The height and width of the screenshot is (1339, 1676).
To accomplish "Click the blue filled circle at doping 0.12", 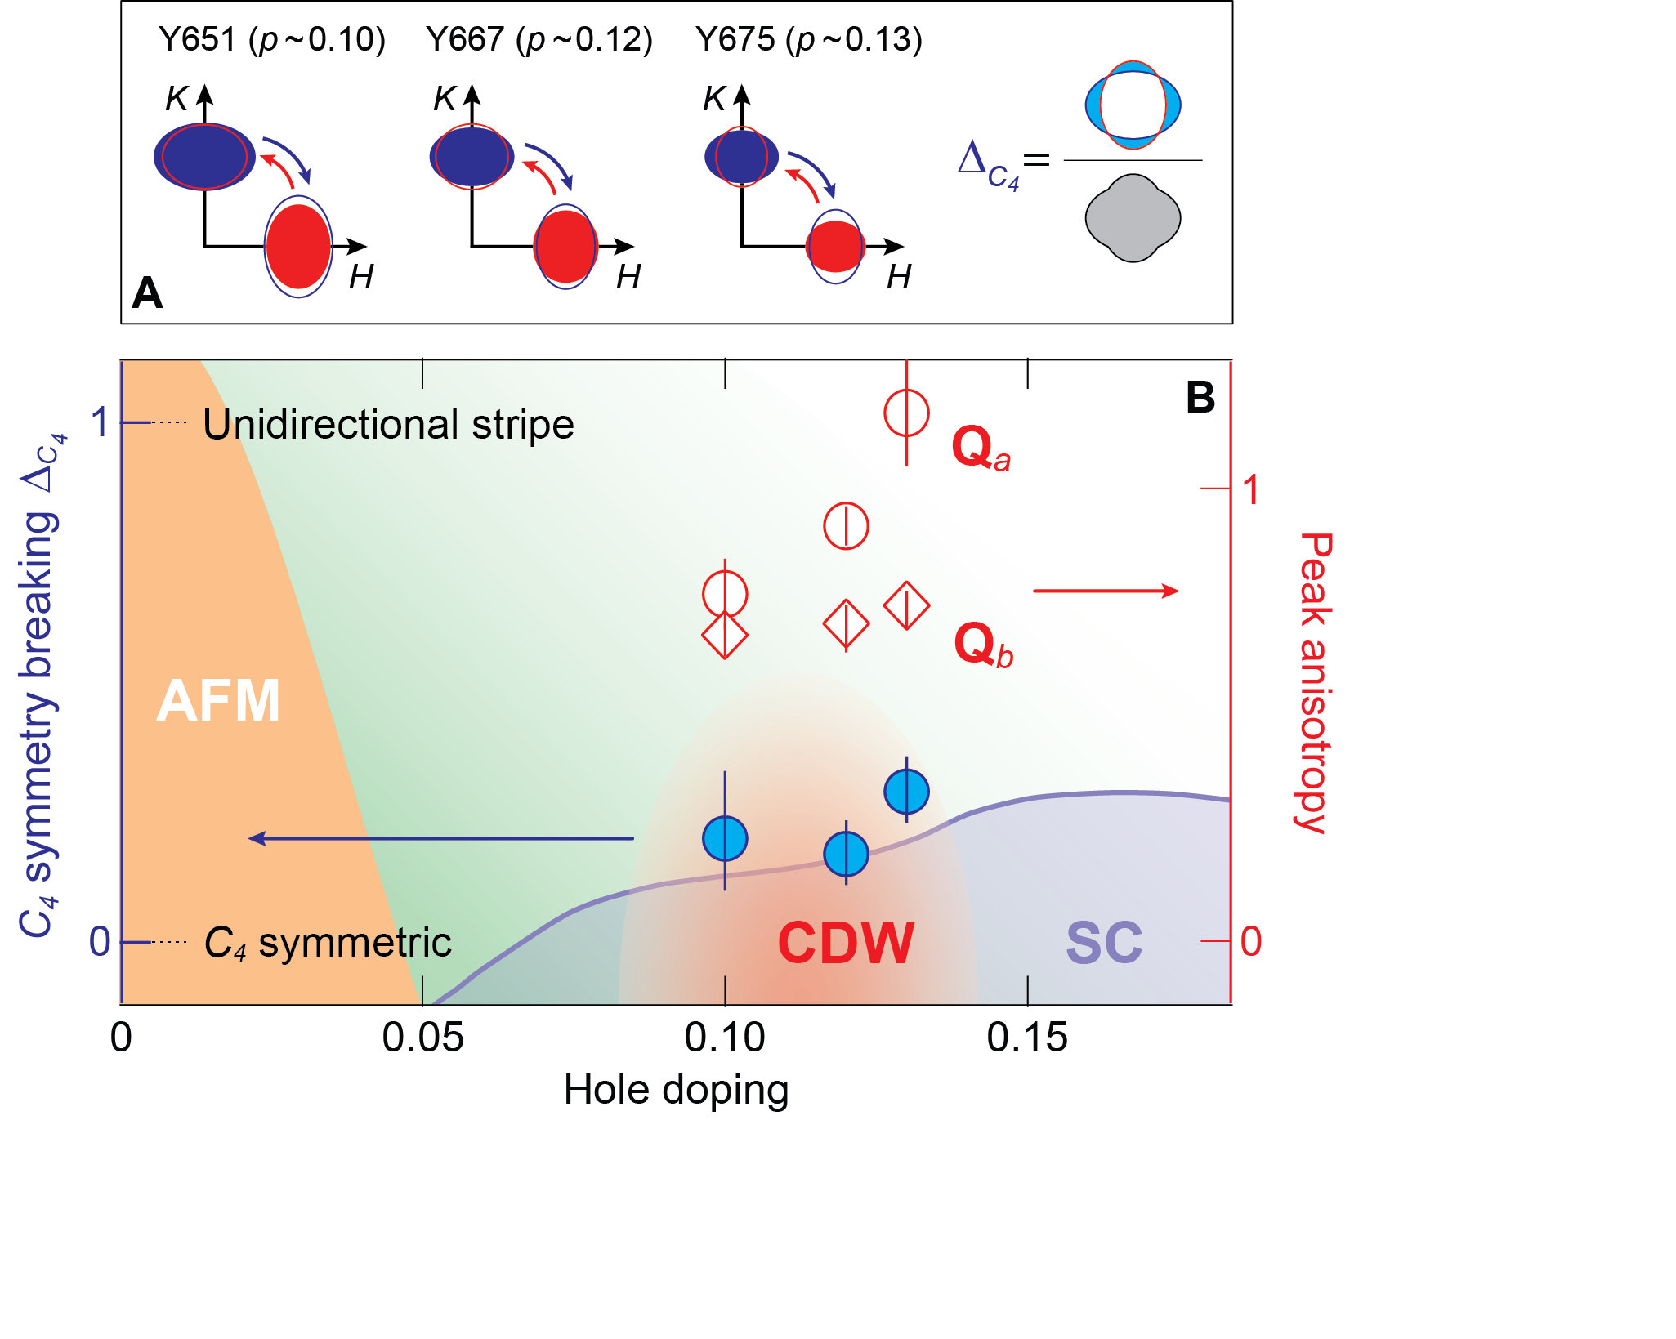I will [846, 854].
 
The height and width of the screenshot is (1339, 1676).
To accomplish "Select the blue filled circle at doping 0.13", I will [906, 791].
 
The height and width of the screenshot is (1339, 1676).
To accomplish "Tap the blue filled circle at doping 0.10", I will [725, 838].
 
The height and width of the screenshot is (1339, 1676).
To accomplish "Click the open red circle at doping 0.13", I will [906, 413].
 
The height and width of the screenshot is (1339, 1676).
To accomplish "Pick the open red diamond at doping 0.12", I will [846, 624].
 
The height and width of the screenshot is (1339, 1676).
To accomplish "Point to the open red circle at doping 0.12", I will [846, 525].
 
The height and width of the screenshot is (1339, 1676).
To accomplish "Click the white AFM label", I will [218, 701].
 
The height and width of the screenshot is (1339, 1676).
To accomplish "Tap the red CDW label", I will [846, 944].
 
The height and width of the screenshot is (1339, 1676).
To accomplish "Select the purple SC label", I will [1104, 944].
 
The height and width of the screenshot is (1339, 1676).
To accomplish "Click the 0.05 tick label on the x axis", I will [422, 1038].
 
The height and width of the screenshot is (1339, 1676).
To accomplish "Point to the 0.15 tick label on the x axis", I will [1027, 1038].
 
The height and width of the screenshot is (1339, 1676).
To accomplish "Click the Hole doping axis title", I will [676, 1090].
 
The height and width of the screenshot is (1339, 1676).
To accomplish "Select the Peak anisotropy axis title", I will [1315, 682].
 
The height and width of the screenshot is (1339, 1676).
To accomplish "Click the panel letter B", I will [1200, 398].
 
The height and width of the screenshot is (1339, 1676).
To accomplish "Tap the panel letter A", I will [147, 292].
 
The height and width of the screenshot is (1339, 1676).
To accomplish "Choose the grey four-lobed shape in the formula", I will [1133, 218].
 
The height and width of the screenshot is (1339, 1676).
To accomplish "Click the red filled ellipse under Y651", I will [298, 247].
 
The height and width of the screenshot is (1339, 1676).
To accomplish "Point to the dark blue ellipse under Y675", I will [741, 156].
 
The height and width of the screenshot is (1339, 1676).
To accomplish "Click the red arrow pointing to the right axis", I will [1106, 591].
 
